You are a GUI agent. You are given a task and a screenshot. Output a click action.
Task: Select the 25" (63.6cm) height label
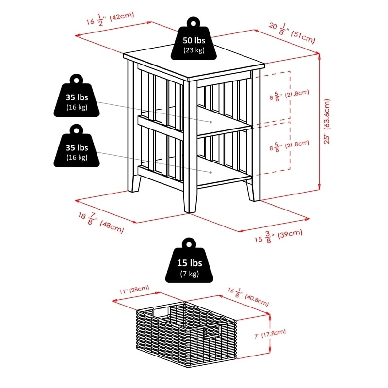(328, 121)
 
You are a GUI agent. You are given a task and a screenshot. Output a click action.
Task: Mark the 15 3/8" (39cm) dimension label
(281, 236)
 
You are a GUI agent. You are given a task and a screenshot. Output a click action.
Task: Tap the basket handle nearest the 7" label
(212, 332)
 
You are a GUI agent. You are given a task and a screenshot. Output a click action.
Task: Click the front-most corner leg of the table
(190, 194)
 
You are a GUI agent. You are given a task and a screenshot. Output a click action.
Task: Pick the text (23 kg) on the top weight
(194, 50)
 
